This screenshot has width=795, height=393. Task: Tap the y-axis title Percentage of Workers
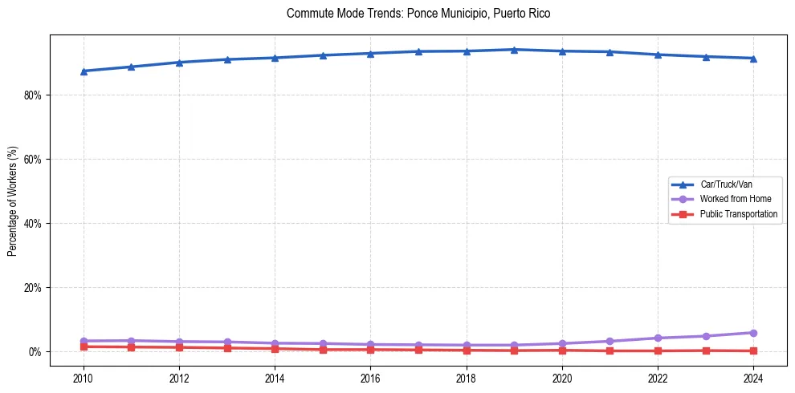[x=12, y=201]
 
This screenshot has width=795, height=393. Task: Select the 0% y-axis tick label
[x=35, y=351]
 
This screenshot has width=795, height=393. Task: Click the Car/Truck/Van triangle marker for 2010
[x=84, y=71]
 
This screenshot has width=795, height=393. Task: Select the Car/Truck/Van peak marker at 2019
[x=514, y=50]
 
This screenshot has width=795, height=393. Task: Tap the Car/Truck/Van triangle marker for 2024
[x=753, y=58]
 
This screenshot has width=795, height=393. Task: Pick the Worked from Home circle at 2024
[x=753, y=333]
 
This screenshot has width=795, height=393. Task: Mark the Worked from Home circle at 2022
[x=658, y=338]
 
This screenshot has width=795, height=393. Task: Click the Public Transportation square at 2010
[x=84, y=346]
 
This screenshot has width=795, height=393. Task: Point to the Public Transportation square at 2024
[x=753, y=350]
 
